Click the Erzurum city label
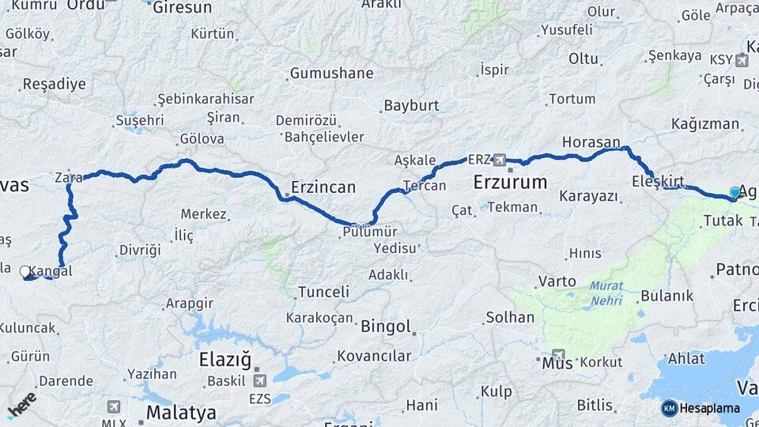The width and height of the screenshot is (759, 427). (x=510, y=183)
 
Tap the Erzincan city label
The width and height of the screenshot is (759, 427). (x=323, y=187)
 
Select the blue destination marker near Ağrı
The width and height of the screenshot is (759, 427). (x=734, y=192)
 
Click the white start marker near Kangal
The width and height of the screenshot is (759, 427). (x=25, y=271)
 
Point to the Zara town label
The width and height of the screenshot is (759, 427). (x=69, y=177)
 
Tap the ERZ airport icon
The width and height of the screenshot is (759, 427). (x=500, y=160)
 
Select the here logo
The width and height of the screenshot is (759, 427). (x=21, y=404)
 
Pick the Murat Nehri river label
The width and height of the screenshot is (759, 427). (x=606, y=293)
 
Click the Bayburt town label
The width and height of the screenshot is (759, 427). (x=411, y=105)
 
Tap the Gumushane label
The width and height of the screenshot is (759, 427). (x=331, y=74)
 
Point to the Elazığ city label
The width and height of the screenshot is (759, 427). (x=225, y=361)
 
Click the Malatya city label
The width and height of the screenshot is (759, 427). (x=181, y=413)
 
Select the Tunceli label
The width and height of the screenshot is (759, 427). (x=323, y=292)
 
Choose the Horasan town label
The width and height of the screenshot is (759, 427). (x=591, y=142)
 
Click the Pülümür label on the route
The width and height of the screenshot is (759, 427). (x=371, y=232)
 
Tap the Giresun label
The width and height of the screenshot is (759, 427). (x=182, y=8)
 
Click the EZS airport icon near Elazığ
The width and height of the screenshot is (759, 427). (x=260, y=380)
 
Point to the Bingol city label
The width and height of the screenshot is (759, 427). (x=386, y=326)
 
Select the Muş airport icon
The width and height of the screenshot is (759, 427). (x=558, y=355)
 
